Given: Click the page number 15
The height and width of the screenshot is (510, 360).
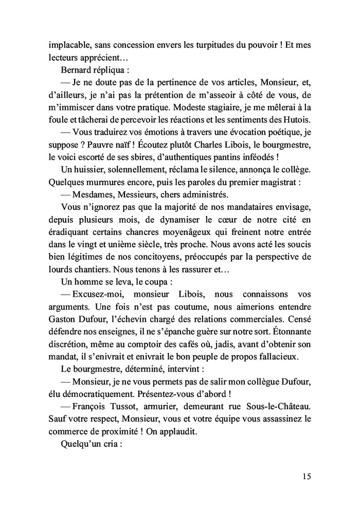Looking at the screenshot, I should pos(306,476).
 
